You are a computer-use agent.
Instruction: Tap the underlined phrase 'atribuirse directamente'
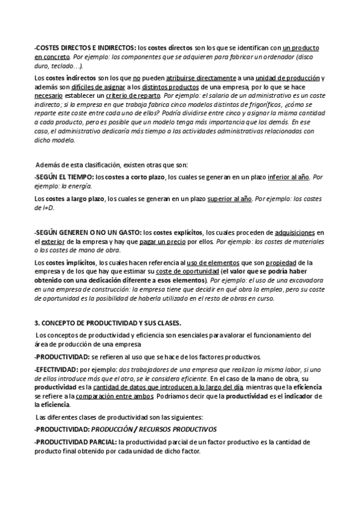pyautogui.click(x=205, y=79)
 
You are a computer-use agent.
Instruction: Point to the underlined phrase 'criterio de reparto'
pyautogui.click(x=136, y=95)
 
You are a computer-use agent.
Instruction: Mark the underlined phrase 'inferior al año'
pyautogui.click(x=289, y=177)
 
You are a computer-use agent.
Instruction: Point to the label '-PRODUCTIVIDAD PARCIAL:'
pyautogui.click(x=76, y=442)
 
